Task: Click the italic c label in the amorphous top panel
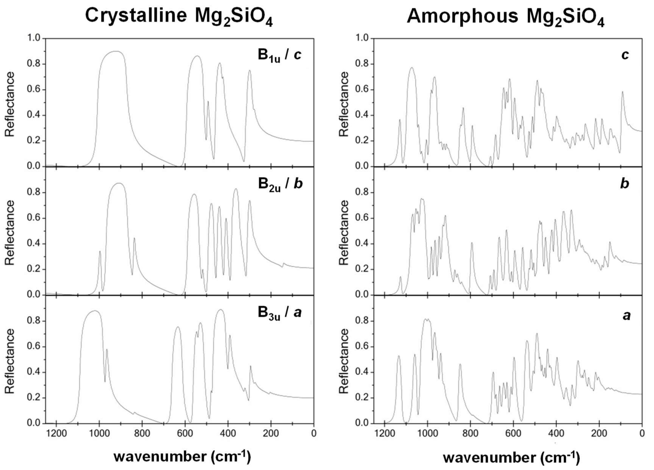pyautogui.click(x=625, y=55)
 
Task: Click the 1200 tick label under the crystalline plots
pyautogui.click(x=56, y=434)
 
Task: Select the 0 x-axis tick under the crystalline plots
pyautogui.click(x=314, y=434)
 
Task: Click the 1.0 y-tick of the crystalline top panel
pyautogui.click(x=34, y=38)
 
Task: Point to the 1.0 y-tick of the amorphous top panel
pyautogui.click(x=362, y=38)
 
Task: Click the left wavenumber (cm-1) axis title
pyautogui.click(x=182, y=457)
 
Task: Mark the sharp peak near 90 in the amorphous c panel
pyautogui.click(x=623, y=92)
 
